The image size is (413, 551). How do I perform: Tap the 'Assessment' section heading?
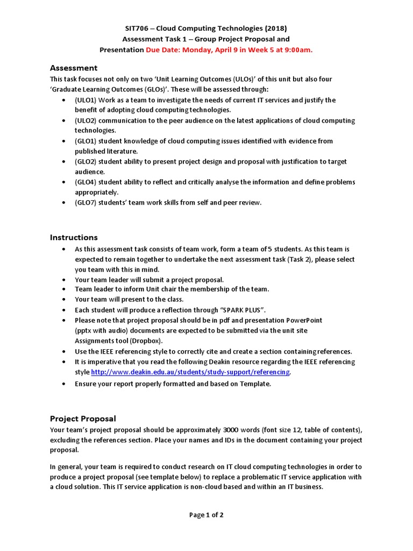click(74, 68)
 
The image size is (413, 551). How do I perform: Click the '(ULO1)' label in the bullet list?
click(86, 100)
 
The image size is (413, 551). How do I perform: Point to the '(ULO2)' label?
click(86, 121)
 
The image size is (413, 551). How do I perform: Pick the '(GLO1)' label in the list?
click(86, 141)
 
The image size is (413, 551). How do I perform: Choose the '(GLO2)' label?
click(86, 161)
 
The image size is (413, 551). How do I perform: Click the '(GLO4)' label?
click(86, 182)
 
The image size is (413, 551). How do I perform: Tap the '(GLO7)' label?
click(86, 202)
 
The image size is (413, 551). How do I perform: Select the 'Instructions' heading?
click(74, 237)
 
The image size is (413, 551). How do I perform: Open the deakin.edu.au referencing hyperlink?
click(191, 372)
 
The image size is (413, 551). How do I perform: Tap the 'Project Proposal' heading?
click(83, 418)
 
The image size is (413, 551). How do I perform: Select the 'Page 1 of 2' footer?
click(206, 515)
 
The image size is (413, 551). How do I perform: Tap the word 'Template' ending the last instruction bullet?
click(254, 384)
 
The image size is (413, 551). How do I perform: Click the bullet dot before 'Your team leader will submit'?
click(65, 280)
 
